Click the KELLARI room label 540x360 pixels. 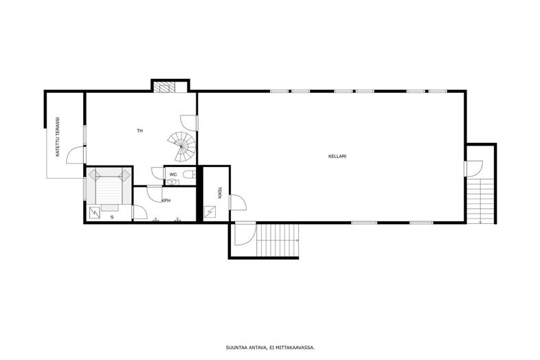tap(337, 156)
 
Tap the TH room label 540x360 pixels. tap(140, 131)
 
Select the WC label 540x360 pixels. tap(173, 175)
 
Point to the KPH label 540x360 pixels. tap(166, 201)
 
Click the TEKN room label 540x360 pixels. tap(219, 192)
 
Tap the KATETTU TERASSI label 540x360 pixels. tap(58, 137)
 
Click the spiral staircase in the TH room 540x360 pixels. tap(182, 146)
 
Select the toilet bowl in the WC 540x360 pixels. tap(190, 175)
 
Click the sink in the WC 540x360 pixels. tap(172, 182)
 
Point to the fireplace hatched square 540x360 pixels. tap(164, 87)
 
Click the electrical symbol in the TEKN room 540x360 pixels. tap(210, 212)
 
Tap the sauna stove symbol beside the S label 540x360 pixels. tap(95, 212)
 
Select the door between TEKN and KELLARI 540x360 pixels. tap(238, 202)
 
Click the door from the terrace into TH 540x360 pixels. tap(76, 155)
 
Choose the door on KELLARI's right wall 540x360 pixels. tap(473, 169)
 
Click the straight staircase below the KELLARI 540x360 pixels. tap(278, 240)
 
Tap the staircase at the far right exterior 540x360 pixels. tap(480, 200)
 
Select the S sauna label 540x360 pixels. tap(112, 217)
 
